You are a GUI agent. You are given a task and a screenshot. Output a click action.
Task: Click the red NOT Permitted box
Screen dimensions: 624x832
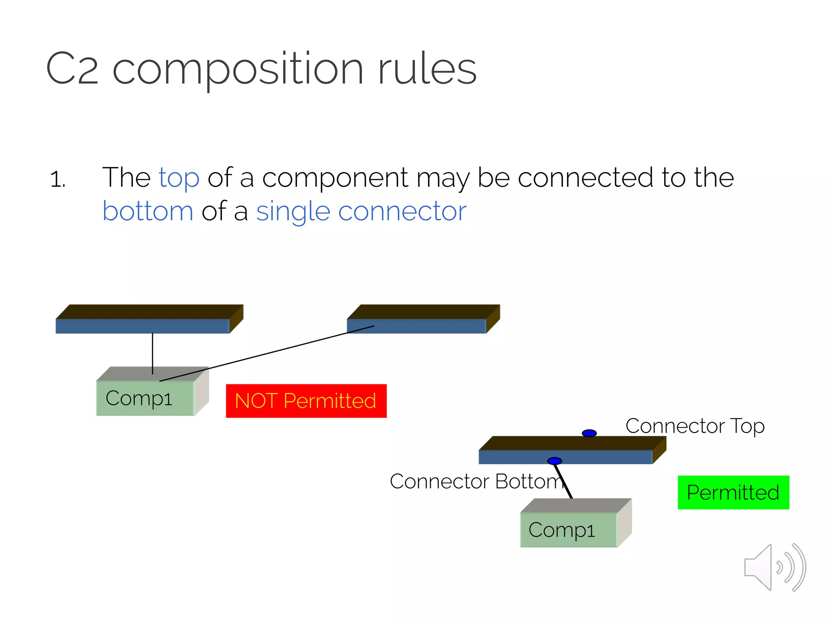coord(306,401)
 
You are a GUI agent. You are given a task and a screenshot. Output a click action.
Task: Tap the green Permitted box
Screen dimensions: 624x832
coord(733,492)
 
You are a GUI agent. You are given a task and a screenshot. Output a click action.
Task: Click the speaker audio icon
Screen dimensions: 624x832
coord(774,567)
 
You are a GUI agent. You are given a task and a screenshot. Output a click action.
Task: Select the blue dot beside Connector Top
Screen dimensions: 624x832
coord(589,433)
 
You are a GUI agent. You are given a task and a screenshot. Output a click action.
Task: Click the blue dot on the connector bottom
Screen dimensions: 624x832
coord(555,461)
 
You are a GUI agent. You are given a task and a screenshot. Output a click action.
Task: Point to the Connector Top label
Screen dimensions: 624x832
coord(695,426)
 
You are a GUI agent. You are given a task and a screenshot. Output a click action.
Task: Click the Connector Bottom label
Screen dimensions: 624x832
coord(476,481)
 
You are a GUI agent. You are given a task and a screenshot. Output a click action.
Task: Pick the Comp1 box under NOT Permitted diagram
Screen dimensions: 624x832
coord(145,398)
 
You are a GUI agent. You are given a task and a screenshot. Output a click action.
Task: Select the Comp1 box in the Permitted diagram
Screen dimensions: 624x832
coord(569,529)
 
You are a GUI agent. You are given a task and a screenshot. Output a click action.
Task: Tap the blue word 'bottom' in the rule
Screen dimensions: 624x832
coord(148,211)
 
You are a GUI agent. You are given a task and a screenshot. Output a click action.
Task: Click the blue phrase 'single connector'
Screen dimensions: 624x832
coord(361,211)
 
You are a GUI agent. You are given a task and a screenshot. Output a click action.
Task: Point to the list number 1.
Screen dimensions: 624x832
coord(58,179)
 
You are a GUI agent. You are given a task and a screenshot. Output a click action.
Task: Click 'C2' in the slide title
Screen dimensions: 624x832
coord(72,69)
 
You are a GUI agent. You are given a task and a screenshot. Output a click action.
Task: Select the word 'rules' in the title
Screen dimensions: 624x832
coord(427,69)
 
